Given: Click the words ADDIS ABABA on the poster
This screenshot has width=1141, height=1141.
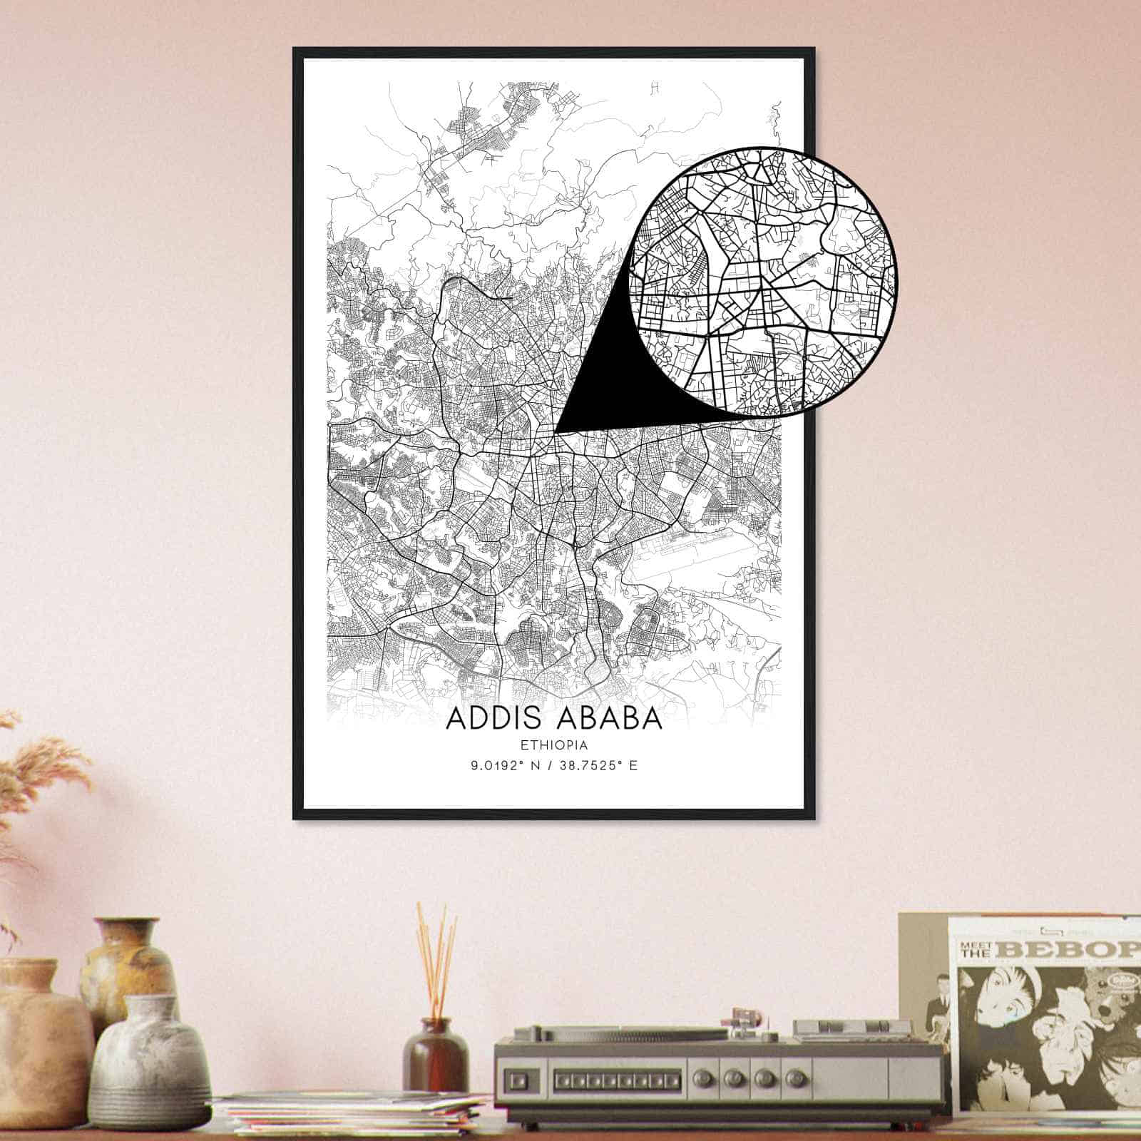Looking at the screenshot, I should click(554, 719).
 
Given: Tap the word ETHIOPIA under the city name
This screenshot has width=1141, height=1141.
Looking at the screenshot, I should click(554, 746).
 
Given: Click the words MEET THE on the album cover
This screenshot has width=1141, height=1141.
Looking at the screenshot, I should click(978, 951).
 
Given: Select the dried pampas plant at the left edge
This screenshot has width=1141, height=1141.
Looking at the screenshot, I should click(29, 784).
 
